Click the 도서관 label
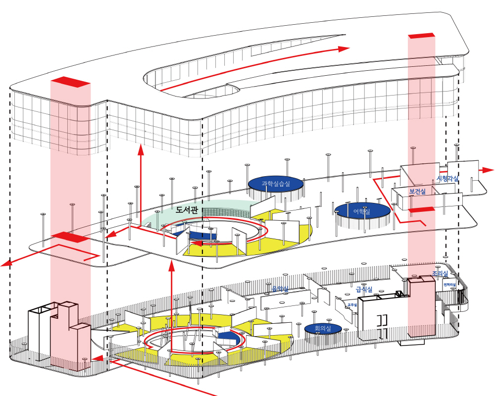click(x=187, y=209)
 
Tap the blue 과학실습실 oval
click(x=275, y=184)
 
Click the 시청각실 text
click(x=447, y=179)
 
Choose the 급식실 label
click(x=364, y=290)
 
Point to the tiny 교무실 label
click(x=352, y=305)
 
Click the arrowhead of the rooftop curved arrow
click(x=345, y=49)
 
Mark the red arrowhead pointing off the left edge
click(x=6, y=263)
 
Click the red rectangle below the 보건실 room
click(x=422, y=209)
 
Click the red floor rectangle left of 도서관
click(x=70, y=237)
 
